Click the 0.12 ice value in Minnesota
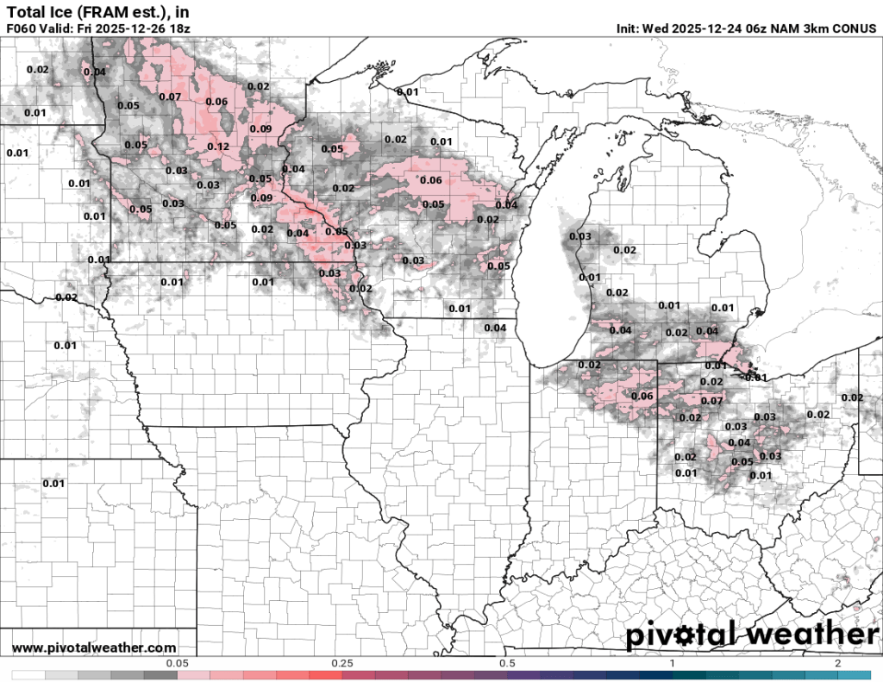[218, 147]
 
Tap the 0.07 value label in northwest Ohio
[711, 401]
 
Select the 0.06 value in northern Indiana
[642, 396]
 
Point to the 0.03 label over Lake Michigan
[580, 236]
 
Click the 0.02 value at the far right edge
[852, 397]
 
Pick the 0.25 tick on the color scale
[342, 663]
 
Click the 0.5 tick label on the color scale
[507, 663]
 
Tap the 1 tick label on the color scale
[673, 663]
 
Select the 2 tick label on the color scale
[837, 663]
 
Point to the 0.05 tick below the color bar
[177, 663]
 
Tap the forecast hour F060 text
[22, 28]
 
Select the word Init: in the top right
[633, 28]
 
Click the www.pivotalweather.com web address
[94, 648]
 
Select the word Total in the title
[23, 12]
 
